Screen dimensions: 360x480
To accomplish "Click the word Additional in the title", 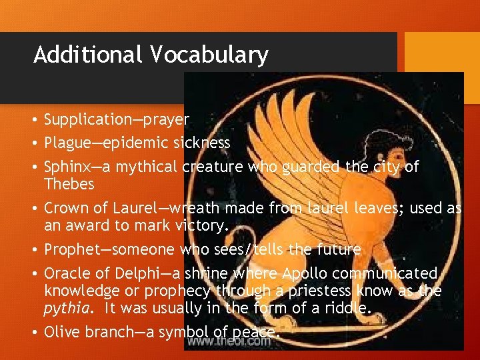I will click(88, 54).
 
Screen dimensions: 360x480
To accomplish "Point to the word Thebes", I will click(69, 183).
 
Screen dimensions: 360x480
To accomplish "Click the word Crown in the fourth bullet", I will click(65, 208).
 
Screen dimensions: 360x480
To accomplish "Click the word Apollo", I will click(307, 273).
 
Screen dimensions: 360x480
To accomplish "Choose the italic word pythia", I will click(65, 309).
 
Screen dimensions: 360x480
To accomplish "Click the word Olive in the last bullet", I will click(61, 331).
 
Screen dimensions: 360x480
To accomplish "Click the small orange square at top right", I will click(443, 52).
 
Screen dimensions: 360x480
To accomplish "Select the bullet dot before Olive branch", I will click(34, 332).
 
